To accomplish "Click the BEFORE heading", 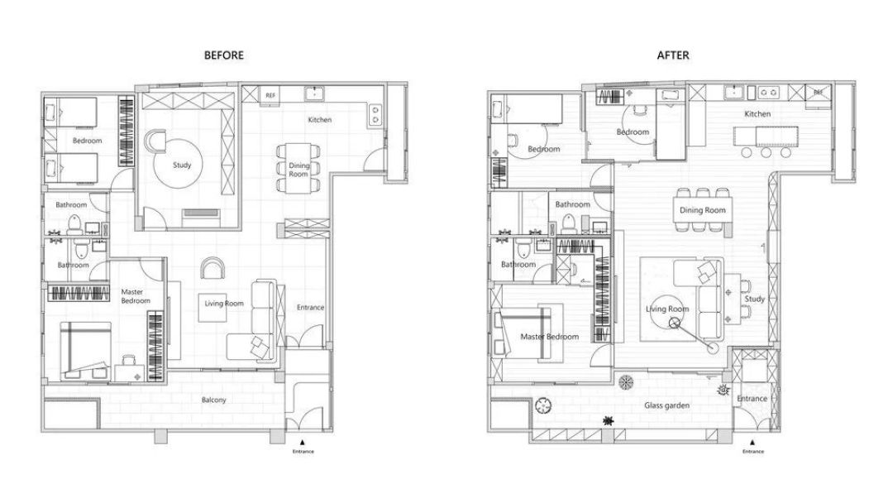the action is (x=224, y=55).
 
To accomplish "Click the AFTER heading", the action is (x=673, y=55).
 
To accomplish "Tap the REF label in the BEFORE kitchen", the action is (x=270, y=95).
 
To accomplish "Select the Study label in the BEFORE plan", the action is (x=182, y=165).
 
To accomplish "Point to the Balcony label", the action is (x=213, y=400).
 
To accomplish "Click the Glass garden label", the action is (x=667, y=405).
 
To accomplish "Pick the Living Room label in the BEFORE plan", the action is (x=224, y=304).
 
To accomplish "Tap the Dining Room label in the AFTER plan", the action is (x=702, y=210).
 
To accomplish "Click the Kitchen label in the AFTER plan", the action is (x=757, y=114).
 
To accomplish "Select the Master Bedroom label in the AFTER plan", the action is (x=550, y=337).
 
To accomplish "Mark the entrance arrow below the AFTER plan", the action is (x=752, y=442).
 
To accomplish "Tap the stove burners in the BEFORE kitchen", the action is (x=375, y=114).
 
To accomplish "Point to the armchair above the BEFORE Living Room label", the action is (x=213, y=268).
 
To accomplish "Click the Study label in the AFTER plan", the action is (x=755, y=299).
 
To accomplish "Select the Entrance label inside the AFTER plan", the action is (x=752, y=399).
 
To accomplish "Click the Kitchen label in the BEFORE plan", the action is (x=319, y=120).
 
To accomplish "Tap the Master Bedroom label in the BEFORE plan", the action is (x=136, y=296).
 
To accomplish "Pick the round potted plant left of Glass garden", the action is (x=543, y=406).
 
